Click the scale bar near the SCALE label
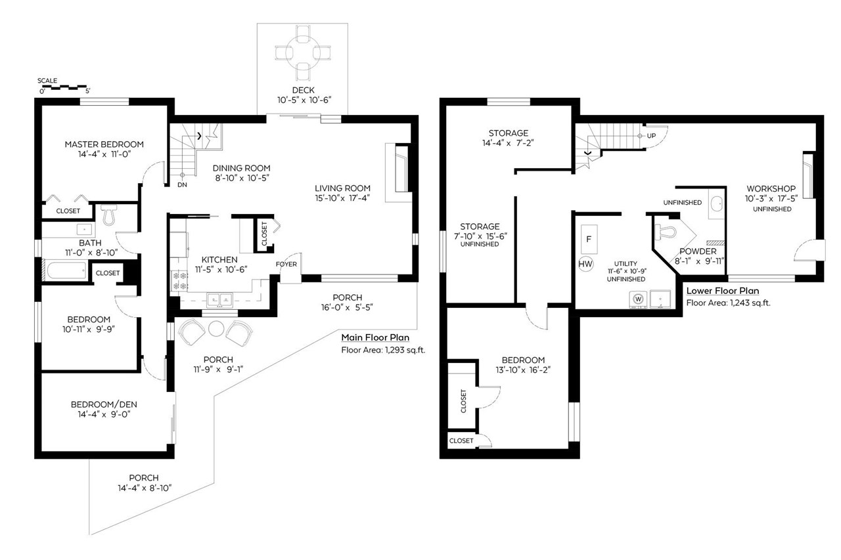64,88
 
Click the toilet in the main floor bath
109,215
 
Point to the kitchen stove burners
179,280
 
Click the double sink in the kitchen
219,299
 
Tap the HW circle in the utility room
585,264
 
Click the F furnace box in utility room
589,240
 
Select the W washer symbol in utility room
638,299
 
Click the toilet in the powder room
666,232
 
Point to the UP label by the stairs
651,135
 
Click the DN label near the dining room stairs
182,184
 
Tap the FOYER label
286,264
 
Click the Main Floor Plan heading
375,337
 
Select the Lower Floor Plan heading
722,291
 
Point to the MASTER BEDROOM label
104,144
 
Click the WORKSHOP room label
771,188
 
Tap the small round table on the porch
216,329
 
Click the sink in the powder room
716,204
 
